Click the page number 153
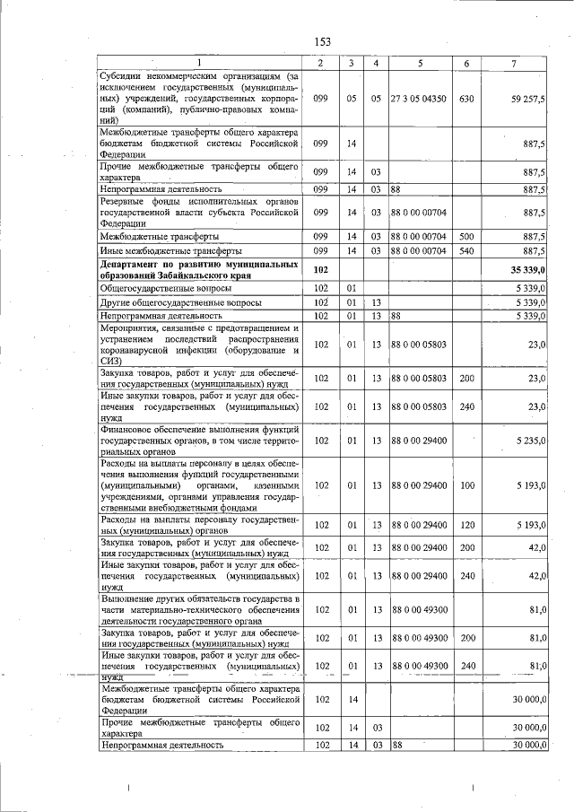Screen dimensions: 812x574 pos(322,42)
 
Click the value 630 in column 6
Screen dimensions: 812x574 pos(465,99)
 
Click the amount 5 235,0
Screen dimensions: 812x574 pos(531,441)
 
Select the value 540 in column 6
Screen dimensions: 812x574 pos(465,251)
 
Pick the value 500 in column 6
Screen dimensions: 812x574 pos(465,236)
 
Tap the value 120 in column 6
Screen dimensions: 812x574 pos(465,525)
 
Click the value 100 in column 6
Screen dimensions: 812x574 pos(465,485)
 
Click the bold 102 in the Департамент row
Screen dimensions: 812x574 pos(319,269)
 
